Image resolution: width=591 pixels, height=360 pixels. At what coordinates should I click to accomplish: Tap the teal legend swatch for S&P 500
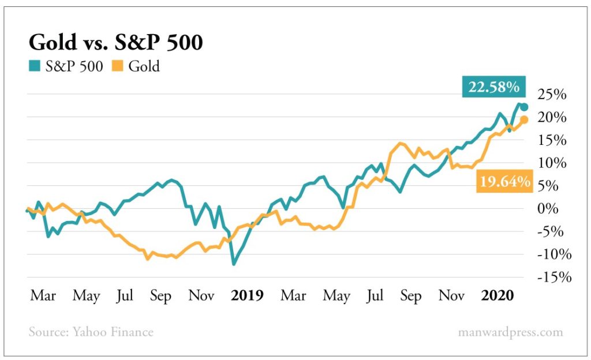[x=34, y=66]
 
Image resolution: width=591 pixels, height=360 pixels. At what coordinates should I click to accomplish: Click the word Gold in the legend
[x=144, y=66]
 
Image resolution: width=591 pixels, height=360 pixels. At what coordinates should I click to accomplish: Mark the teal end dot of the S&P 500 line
[x=524, y=107]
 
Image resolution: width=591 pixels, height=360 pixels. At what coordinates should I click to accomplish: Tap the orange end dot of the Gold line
[x=524, y=120]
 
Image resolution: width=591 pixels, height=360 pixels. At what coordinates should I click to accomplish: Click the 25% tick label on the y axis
[x=552, y=95]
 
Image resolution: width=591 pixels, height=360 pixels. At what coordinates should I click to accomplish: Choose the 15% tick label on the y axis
[x=552, y=140]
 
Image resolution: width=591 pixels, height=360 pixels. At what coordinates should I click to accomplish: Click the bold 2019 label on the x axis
[x=247, y=296]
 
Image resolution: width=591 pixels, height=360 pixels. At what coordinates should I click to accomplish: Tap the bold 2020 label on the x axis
[x=497, y=296]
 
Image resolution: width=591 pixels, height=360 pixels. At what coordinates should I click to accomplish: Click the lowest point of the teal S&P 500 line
[x=234, y=264]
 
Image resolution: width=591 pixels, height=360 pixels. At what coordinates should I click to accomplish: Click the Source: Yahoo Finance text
[x=91, y=332]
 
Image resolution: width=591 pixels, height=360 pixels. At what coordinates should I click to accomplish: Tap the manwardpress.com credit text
[x=510, y=332]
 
